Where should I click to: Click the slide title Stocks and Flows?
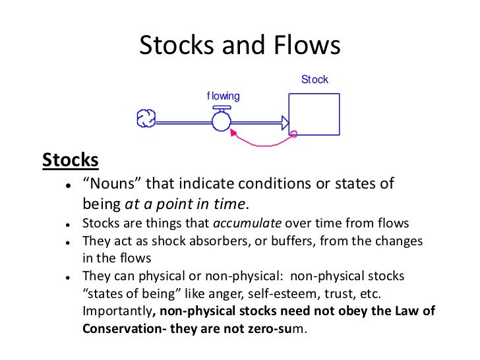[x=239, y=45]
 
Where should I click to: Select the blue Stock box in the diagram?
[x=314, y=114]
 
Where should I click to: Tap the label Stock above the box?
[x=315, y=80]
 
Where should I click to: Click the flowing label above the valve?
[x=223, y=96]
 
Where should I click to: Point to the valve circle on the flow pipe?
[x=221, y=121]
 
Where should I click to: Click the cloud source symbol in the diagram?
[x=146, y=119]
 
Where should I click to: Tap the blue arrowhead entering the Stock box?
[x=285, y=121]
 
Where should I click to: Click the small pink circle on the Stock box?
[x=293, y=134]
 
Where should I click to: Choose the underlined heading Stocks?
[x=71, y=160]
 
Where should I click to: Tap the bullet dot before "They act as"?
[x=68, y=241]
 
